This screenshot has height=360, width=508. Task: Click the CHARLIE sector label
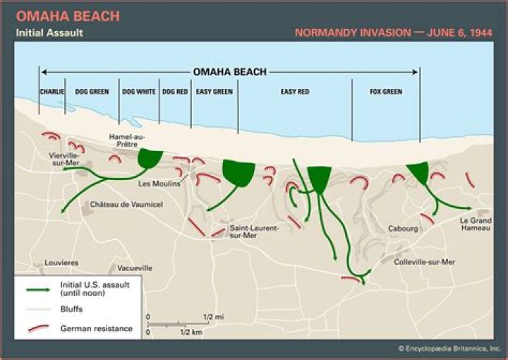(52, 92)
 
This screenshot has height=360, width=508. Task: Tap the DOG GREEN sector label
(92, 92)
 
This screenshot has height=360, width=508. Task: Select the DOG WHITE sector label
(139, 92)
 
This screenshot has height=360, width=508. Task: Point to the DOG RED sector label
(175, 92)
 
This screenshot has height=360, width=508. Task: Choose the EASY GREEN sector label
(214, 92)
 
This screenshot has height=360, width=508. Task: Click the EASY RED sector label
(295, 92)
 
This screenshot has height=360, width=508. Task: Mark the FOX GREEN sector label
(386, 92)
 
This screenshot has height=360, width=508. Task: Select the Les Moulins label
(155, 184)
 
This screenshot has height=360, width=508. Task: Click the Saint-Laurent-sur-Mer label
(254, 232)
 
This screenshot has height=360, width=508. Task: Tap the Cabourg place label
(403, 229)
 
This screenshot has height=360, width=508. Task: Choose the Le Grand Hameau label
(476, 223)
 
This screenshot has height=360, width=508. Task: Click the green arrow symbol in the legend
(39, 289)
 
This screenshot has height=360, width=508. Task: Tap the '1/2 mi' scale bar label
(212, 316)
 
